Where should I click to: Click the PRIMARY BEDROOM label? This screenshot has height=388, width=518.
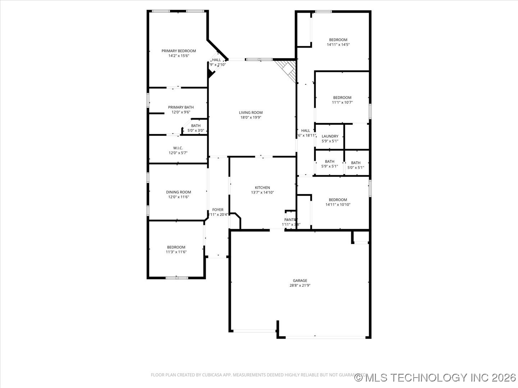(178, 51)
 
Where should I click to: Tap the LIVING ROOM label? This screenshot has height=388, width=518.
(251, 112)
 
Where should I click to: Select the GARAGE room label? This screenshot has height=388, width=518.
(300, 281)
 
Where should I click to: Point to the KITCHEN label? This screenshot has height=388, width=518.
(262, 188)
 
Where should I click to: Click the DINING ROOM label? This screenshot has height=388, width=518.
(178, 192)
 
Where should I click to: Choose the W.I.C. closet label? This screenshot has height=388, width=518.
(178, 148)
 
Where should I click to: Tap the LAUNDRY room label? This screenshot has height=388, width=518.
(330, 136)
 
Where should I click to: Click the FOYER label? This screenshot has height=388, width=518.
(218, 210)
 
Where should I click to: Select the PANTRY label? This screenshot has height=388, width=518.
(291, 220)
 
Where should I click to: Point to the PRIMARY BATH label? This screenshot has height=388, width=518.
(181, 107)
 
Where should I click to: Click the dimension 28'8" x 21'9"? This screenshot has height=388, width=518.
(300, 286)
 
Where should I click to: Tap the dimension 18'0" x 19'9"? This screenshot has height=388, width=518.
(251, 117)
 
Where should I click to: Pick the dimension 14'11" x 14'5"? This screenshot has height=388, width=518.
(338, 45)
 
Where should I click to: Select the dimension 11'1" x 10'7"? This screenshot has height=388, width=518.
(342, 102)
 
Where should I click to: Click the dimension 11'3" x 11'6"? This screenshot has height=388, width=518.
(176, 252)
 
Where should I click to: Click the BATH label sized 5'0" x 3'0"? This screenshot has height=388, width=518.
(196, 126)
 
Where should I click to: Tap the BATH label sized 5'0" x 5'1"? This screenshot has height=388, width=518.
(355, 163)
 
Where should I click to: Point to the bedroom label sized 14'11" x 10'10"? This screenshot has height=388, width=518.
(338, 200)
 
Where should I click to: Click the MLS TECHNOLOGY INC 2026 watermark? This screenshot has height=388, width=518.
(435, 378)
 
